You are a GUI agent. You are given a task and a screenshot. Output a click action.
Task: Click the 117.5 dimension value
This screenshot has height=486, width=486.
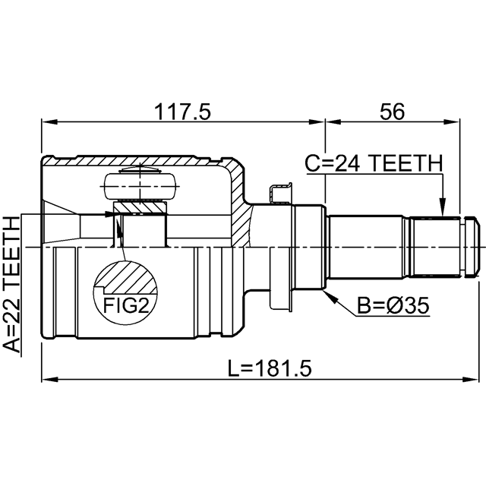[x=182, y=112]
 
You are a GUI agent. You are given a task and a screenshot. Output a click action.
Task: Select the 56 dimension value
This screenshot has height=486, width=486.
[x=393, y=112]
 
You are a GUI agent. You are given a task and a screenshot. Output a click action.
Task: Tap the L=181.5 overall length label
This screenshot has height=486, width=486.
[x=270, y=368]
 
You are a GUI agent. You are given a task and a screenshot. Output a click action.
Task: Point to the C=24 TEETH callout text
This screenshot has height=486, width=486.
[x=374, y=163]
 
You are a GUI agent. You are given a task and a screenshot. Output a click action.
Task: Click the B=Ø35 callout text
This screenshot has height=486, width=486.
[x=393, y=305]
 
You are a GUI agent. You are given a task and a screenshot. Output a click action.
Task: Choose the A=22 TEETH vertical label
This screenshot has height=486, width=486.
[x=11, y=285]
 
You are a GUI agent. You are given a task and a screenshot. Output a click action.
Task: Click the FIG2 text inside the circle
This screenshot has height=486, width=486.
[x=126, y=305]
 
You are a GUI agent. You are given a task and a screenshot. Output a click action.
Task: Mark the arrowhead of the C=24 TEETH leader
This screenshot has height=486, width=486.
[x=443, y=207]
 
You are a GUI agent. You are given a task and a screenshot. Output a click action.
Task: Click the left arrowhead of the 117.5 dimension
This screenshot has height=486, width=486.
[x=49, y=121]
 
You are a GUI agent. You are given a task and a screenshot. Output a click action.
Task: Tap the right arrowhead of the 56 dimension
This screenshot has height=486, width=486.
[x=453, y=121]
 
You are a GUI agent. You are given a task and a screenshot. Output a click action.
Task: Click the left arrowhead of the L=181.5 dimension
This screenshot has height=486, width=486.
[x=49, y=380]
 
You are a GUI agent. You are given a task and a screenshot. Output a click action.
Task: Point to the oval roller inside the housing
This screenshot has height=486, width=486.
[x=140, y=186]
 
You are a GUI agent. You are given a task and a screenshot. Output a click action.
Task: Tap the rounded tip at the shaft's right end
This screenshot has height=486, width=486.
[x=472, y=246]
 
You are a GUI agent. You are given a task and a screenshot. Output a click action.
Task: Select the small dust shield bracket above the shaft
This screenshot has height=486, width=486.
[x=280, y=193]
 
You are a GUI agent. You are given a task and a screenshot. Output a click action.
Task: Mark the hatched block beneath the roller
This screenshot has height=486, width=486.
[x=140, y=207]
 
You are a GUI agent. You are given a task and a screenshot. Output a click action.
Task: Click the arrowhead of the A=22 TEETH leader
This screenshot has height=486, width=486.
[x=111, y=214]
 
